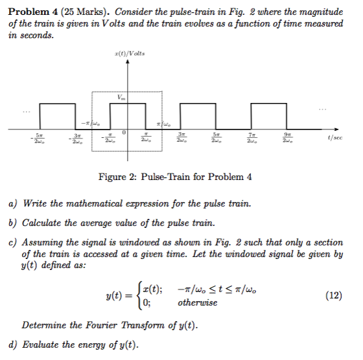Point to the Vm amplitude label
[120, 98]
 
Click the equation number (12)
[335, 295]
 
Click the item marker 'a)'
[12, 204]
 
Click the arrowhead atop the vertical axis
[128, 63]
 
